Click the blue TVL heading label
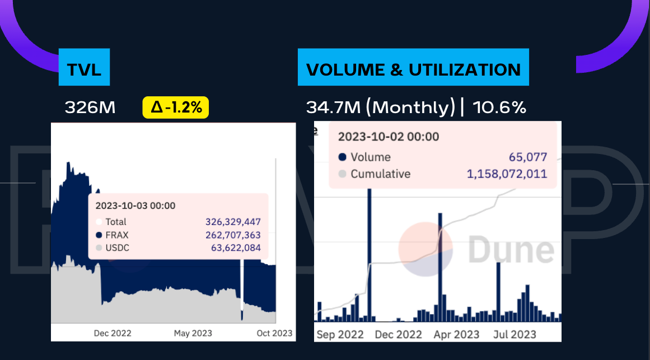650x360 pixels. pos(84,70)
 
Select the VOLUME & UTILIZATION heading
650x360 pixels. pos(413,70)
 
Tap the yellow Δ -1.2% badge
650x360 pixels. pos(176,107)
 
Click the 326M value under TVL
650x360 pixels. pos(90,107)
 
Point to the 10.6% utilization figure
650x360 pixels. pos(499,107)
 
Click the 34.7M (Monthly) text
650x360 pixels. pos(381,107)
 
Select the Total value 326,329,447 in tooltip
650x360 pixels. pos(233,222)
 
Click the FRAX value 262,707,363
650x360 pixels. pos(233,235)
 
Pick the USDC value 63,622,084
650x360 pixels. pos(236,248)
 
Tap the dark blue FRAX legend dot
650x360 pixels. pos(99,235)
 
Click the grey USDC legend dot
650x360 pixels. pos(99,248)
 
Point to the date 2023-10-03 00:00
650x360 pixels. pos(135,205)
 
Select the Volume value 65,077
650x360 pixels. pos(528,157)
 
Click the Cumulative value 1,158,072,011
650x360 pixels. pos(507,174)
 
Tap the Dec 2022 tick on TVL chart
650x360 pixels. pos(113,333)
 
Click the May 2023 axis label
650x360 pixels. pos(193,333)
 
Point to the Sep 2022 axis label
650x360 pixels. pos(340,335)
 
